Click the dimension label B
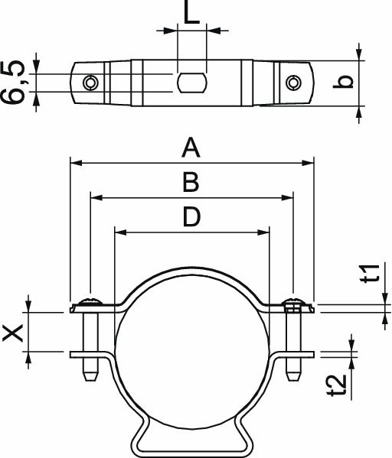[191, 182]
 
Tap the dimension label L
[192, 14]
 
